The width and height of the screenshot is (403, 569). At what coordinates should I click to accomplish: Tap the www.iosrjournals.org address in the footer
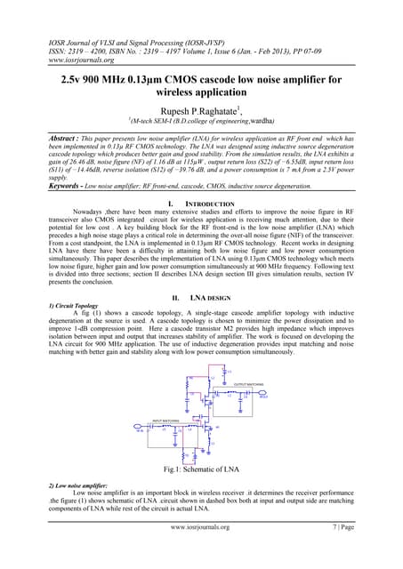(x=200, y=526)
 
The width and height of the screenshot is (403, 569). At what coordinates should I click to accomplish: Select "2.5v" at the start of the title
(x=66, y=79)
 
